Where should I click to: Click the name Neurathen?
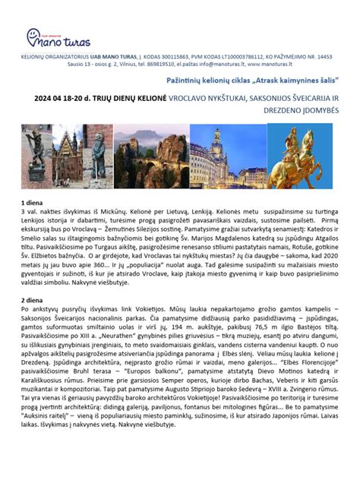(116, 336)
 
